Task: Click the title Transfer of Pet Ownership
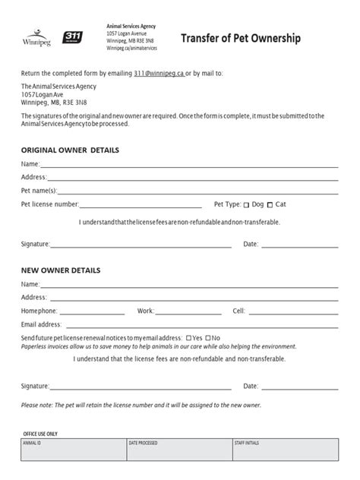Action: (241, 39)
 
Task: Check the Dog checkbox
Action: (246, 205)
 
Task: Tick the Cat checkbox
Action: (270, 205)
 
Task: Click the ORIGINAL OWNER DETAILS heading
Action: (70, 150)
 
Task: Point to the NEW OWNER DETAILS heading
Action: (61, 270)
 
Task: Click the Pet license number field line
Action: (141, 205)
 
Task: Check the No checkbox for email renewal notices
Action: (207, 338)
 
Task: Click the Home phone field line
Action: (91, 311)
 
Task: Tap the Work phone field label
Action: (145, 311)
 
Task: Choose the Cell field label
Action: (238, 311)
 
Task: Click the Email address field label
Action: (42, 324)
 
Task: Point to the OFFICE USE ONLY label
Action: (41, 434)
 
